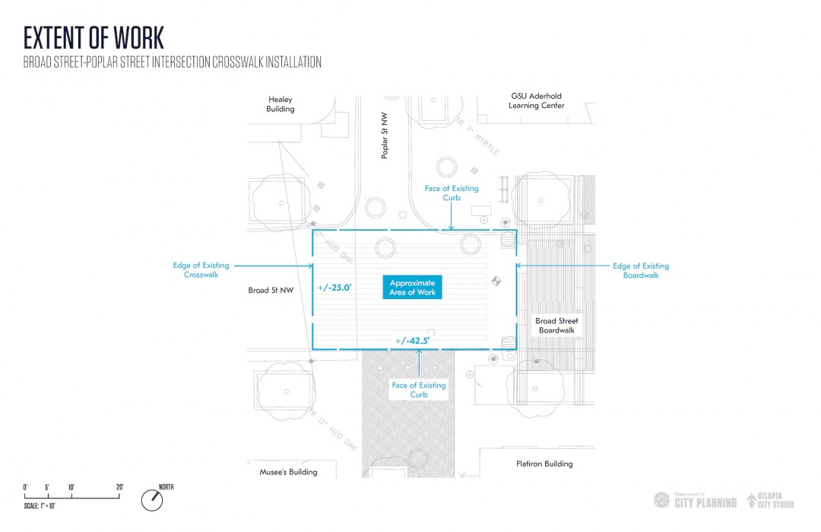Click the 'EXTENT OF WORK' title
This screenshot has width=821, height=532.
94,37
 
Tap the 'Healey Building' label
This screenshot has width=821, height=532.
281,104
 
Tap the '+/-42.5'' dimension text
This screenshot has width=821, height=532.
413,341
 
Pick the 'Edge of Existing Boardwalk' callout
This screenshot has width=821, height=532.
641,270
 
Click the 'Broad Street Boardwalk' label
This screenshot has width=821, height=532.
557,326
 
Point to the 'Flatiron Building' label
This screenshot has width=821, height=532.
544,464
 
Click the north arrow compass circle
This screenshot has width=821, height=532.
152,499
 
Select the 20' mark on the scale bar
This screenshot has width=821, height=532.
119,488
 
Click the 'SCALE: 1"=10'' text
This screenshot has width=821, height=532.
40,506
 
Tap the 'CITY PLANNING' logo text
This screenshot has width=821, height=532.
705,502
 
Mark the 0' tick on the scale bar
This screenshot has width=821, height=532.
25,488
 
